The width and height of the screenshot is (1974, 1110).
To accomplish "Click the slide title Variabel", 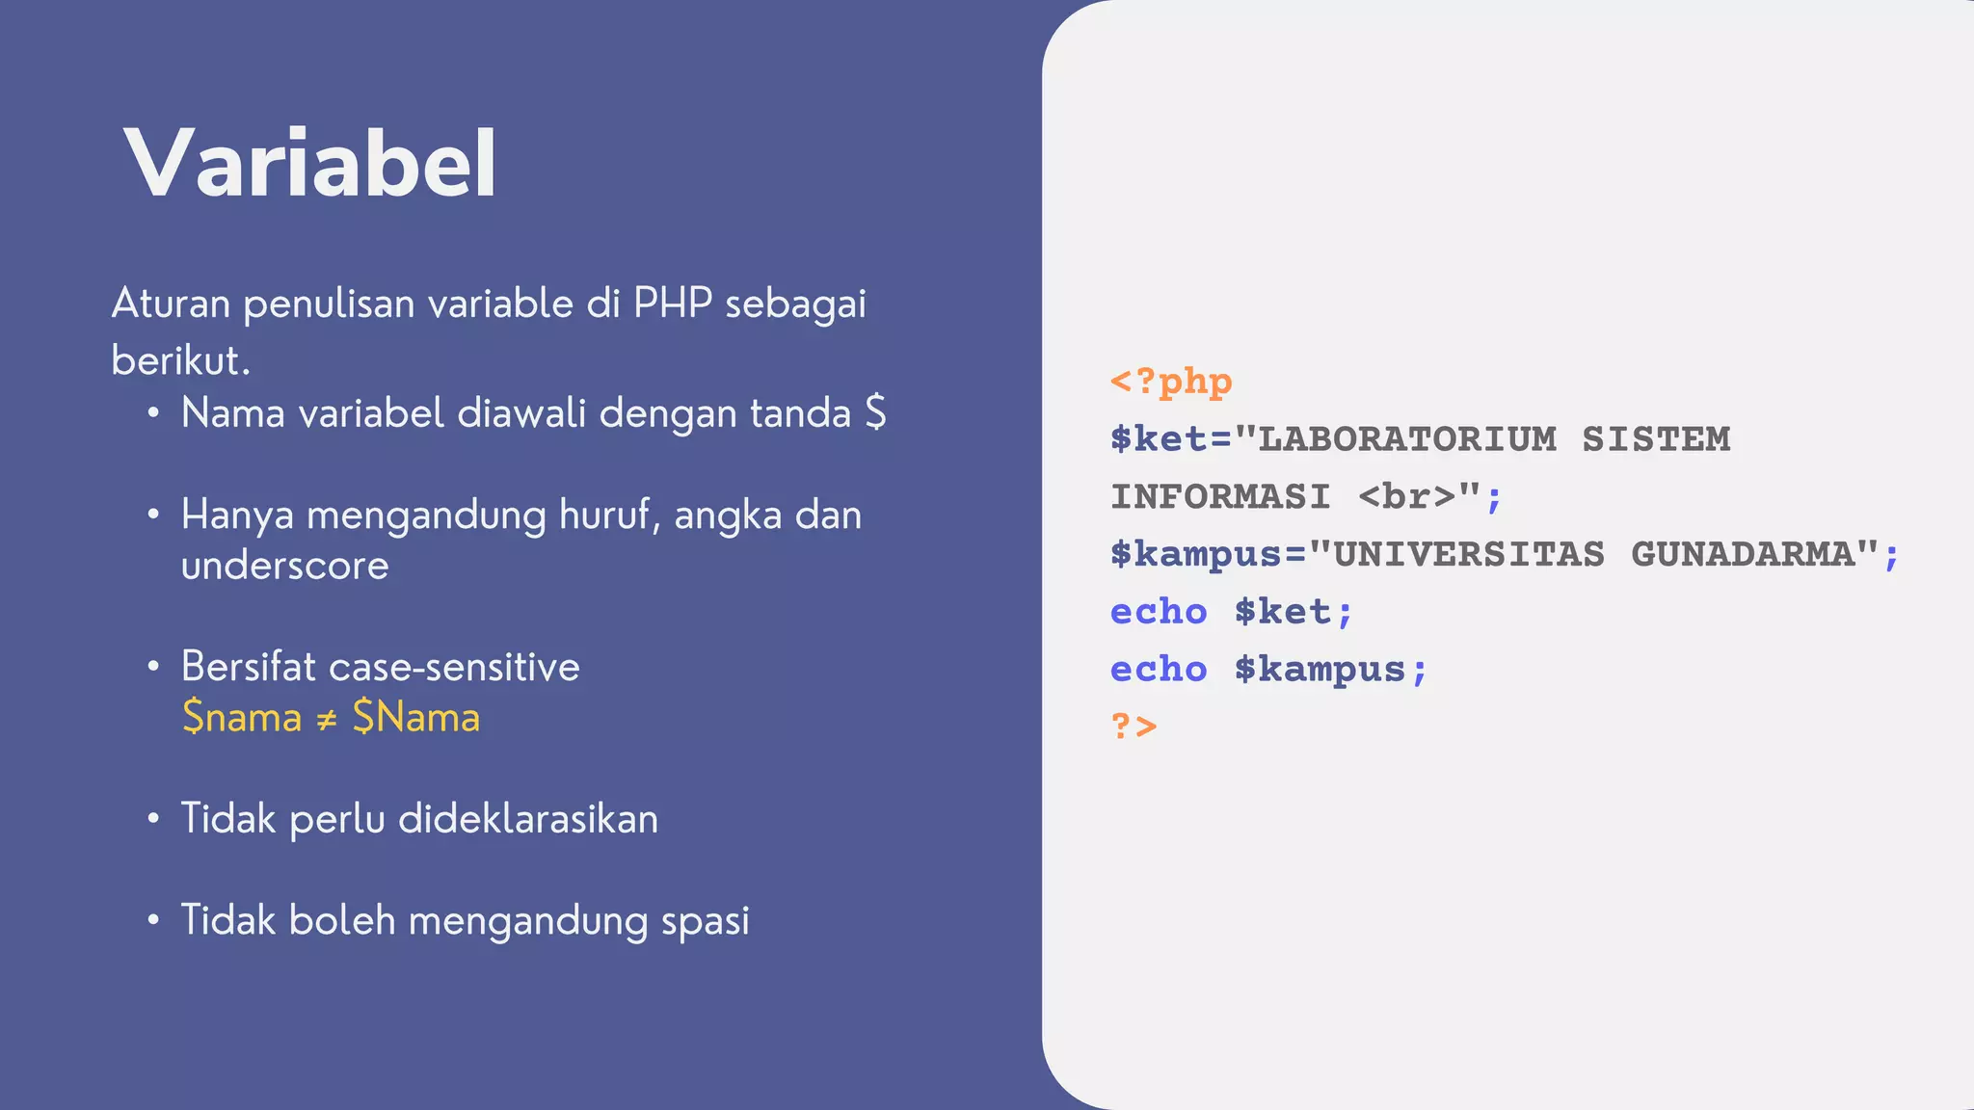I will click(310, 164).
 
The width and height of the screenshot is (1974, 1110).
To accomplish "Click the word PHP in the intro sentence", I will click(672, 304).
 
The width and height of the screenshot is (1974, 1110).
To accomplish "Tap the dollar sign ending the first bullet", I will click(875, 413).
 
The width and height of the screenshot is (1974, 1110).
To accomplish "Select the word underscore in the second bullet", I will click(285, 566).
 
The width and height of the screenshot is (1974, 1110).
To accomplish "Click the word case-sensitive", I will click(454, 667).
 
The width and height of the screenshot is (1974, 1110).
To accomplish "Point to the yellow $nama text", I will click(242, 718).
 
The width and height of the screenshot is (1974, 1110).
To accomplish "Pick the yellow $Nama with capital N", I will click(416, 718).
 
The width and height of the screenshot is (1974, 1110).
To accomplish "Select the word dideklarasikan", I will click(528, 819).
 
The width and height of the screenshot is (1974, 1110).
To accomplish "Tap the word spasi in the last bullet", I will click(705, 921).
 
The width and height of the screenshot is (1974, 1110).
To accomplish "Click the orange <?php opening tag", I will click(1171, 382).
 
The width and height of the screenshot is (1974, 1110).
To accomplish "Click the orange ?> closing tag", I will click(1134, 725).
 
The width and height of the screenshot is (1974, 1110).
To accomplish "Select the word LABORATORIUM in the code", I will click(1407, 439).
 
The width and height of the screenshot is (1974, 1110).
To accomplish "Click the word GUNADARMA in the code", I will click(1743, 554).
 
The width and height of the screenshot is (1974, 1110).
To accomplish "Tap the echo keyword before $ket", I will click(1159, 612).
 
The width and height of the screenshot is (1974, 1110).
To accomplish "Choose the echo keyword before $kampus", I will click(1159, 669).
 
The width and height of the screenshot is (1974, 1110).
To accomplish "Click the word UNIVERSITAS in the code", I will click(1469, 554).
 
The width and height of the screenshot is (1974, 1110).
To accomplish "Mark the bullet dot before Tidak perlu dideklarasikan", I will click(153, 819).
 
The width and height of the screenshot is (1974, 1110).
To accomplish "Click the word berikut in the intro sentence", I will click(179, 361).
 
